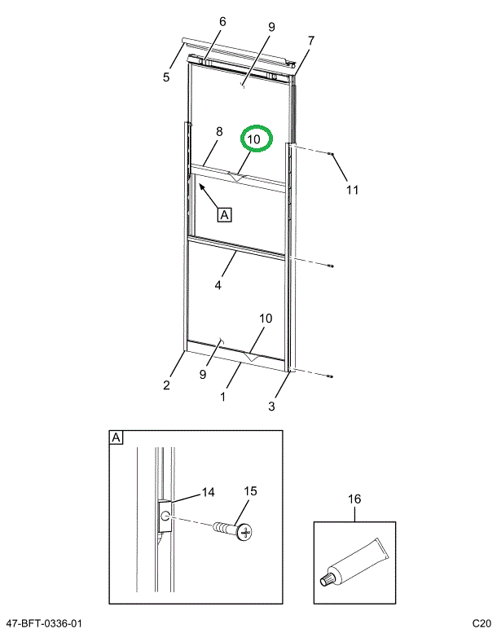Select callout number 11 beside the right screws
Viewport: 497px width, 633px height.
351,191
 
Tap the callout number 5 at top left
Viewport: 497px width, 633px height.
166,77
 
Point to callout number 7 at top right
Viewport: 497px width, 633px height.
310,40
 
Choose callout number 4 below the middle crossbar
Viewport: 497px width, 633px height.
218,285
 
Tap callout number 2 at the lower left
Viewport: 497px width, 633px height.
166,385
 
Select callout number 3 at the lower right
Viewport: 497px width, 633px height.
272,405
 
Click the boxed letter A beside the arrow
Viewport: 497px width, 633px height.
224,215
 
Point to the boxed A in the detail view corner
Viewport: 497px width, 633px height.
116,438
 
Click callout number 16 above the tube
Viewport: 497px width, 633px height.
354,499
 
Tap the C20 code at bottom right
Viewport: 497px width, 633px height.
480,623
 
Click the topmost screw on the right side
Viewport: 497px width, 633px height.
331,153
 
